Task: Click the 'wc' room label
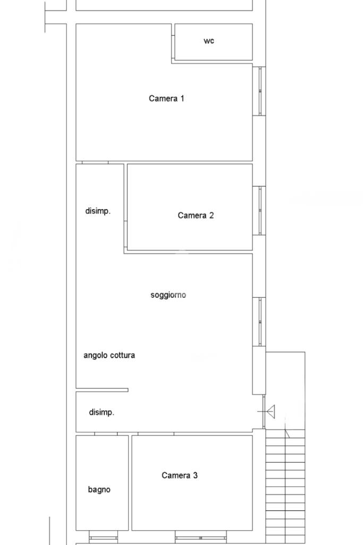pos(209,41)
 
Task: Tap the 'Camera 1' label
pos(166,98)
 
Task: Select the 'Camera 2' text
pos(196,215)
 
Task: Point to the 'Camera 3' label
pos(180,475)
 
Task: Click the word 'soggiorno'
pos(168,295)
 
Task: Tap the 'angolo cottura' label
pos(109,355)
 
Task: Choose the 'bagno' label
pos(99,490)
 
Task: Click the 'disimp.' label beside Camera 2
pos(98,211)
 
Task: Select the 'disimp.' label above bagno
pos(102,412)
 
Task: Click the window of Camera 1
pos(259,91)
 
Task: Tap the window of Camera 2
pos(259,211)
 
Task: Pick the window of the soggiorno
pos(259,322)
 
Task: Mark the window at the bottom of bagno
pos(103,538)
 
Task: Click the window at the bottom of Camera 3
pos(200,538)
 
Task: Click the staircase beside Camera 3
pos(285,486)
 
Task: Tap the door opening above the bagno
pos(106,434)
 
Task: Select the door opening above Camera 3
pos(156,434)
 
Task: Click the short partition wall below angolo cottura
pos(102,390)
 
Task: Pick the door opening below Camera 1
pos(95,162)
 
